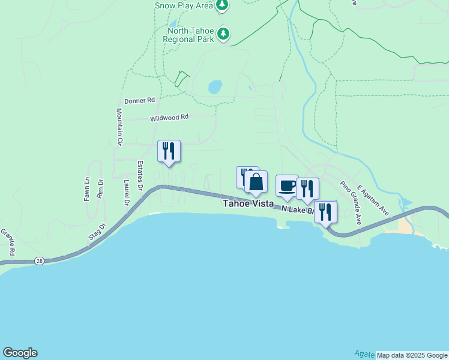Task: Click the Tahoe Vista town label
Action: pyautogui.click(x=248, y=204)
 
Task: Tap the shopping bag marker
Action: pyautogui.click(x=256, y=182)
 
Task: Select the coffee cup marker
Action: pyautogui.click(x=287, y=186)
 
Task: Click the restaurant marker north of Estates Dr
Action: pyautogui.click(x=169, y=151)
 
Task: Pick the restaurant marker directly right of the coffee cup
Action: pyautogui.click(x=307, y=188)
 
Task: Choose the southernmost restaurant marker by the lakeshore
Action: pyautogui.click(x=325, y=212)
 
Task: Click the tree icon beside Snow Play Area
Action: pyautogui.click(x=223, y=5)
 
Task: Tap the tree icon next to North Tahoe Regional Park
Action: pyautogui.click(x=223, y=34)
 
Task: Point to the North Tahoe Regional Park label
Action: pyautogui.click(x=188, y=35)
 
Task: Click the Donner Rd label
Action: pyautogui.click(x=139, y=100)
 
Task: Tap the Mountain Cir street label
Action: pyautogui.click(x=119, y=127)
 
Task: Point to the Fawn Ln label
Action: pyautogui.click(x=87, y=188)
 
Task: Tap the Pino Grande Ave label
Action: pyautogui.click(x=350, y=202)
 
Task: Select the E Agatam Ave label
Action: pyautogui.click(x=374, y=201)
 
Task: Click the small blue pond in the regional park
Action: pyautogui.click(x=215, y=87)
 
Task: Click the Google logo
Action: pyautogui.click(x=20, y=353)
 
